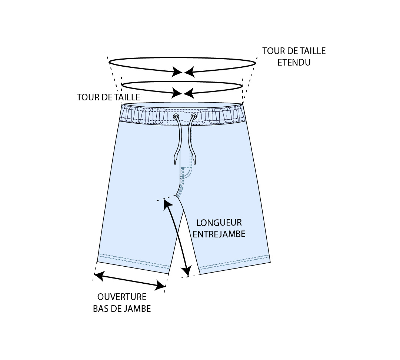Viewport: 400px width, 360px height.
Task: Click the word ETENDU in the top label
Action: [294, 62]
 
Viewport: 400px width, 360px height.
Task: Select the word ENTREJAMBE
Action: [219, 234]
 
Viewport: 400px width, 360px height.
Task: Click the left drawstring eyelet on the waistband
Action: [176, 117]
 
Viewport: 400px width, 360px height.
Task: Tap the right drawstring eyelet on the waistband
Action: [193, 117]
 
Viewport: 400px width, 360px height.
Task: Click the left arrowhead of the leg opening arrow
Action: [97, 274]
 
